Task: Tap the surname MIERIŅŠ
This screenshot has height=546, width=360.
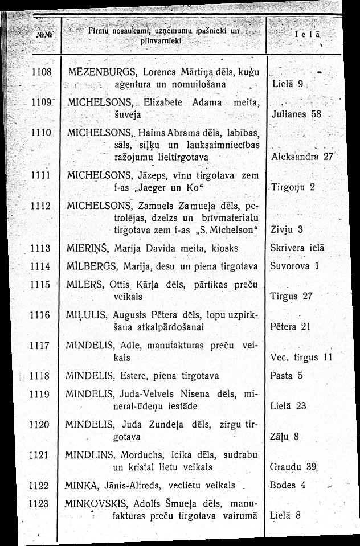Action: [87, 248]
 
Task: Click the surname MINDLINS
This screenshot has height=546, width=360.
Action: [91, 455]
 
